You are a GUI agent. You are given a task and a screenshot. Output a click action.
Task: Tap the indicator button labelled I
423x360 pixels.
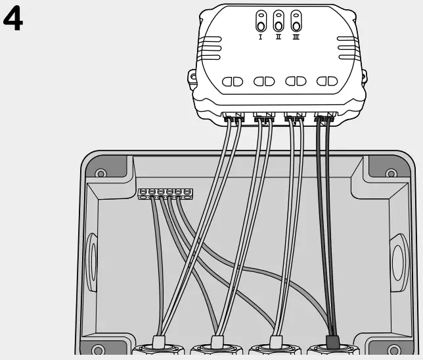(x=261, y=21)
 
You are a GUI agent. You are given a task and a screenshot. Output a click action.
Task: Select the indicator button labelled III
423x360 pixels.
(x=296, y=21)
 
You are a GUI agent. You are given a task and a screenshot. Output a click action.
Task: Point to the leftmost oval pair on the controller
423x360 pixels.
(x=233, y=81)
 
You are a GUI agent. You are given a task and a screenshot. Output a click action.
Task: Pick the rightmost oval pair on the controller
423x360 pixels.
(x=326, y=81)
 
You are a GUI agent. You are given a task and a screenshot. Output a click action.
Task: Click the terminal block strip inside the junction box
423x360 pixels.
(x=165, y=193)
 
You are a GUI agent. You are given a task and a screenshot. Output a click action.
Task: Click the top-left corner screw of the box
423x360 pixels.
(x=100, y=173)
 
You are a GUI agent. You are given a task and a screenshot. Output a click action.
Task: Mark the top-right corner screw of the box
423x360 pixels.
(x=391, y=174)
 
